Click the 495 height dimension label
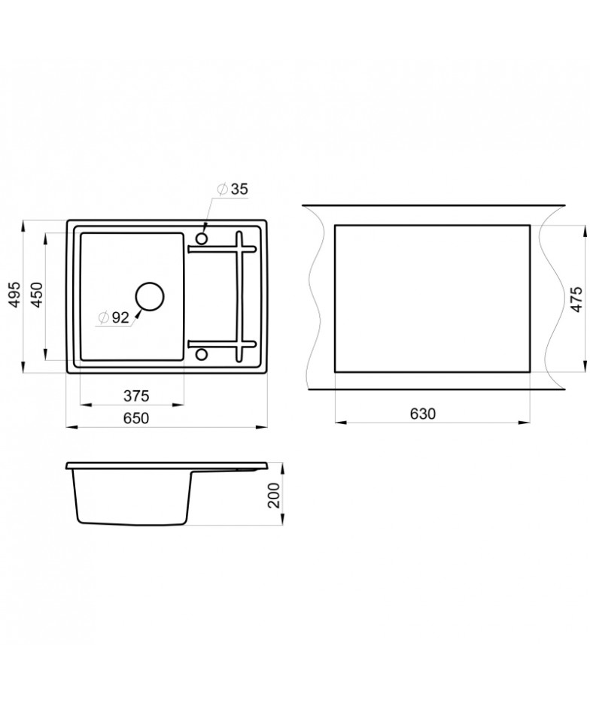tap(16, 295)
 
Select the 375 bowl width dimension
tap(136, 396)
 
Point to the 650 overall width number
tap(136, 418)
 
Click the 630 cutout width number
tap(423, 414)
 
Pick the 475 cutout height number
tap(576, 299)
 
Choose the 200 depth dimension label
tap(273, 495)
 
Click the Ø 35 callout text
tap(233, 189)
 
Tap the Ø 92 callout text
tap(114, 317)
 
